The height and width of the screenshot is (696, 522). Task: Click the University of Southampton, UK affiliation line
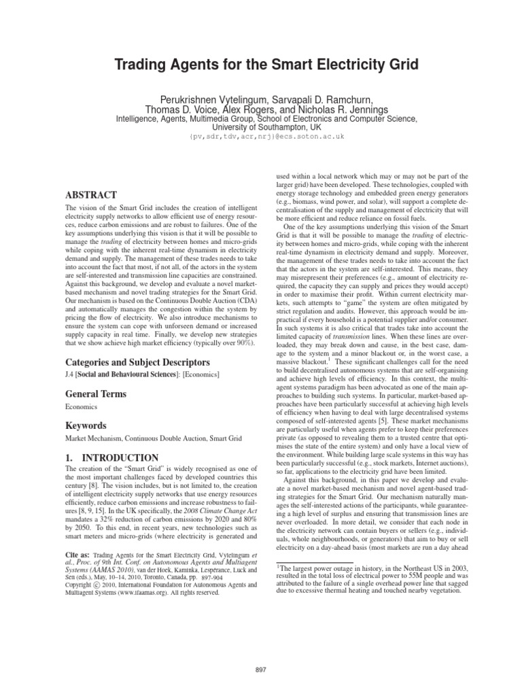coord(261,126)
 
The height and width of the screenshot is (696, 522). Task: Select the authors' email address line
coord(261,137)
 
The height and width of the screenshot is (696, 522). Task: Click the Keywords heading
coord(87,425)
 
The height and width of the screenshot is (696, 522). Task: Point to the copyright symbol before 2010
coord(96,584)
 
